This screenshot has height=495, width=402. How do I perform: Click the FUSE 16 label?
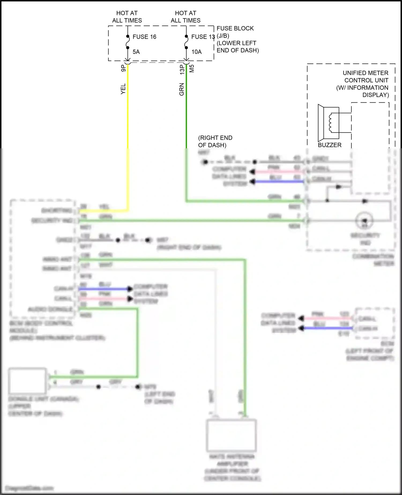[x=144, y=37]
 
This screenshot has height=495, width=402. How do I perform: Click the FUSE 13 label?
[x=203, y=37]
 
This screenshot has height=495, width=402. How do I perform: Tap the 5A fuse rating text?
[x=136, y=52]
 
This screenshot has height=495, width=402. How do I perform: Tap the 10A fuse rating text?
[x=196, y=52]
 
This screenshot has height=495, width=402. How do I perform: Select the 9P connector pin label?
[x=123, y=68]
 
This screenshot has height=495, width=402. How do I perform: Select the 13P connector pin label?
[x=182, y=69]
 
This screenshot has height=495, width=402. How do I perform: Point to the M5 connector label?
[x=192, y=69]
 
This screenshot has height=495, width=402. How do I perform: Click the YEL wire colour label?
[x=123, y=89]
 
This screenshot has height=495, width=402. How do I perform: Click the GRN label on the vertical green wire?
[x=182, y=89]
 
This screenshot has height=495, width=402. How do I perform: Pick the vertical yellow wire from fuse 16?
[x=128, y=121]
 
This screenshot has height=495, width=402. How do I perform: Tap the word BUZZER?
[x=329, y=145]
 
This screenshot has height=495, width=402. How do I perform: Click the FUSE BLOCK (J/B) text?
[x=235, y=32]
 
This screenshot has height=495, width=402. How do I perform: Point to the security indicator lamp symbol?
[x=364, y=221]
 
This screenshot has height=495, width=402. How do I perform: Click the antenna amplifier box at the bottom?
[x=231, y=435]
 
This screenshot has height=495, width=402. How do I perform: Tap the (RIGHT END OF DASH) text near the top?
[x=215, y=141]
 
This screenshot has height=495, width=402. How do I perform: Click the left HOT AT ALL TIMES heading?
[x=127, y=17]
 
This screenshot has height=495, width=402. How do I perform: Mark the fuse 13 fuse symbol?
[x=186, y=42]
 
